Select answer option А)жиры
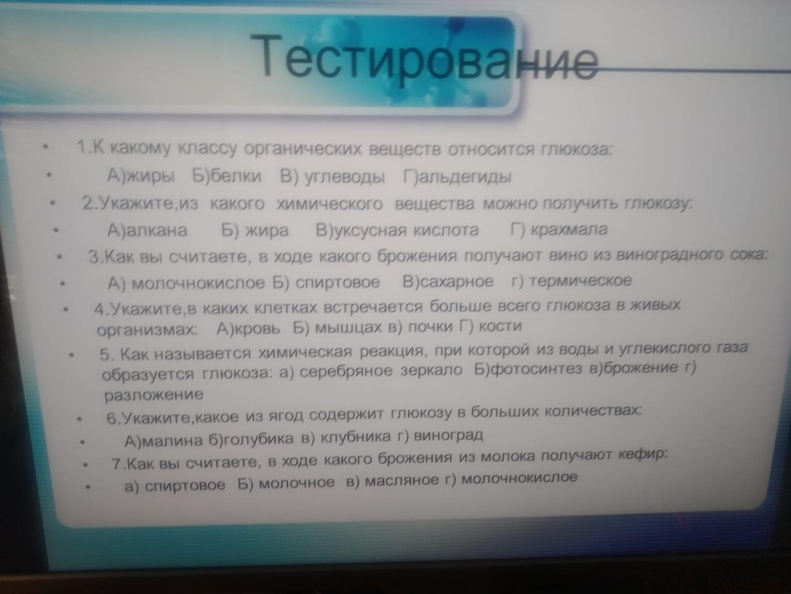[x=141, y=176]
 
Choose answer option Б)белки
[x=226, y=176]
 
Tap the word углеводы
[x=344, y=177]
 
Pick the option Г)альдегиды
[x=457, y=177]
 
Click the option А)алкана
[x=148, y=230]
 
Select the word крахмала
[x=569, y=230]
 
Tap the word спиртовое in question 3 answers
[x=337, y=282]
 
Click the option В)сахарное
[x=447, y=282]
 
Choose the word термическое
[x=580, y=280]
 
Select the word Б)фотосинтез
[x=528, y=369]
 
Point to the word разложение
[x=153, y=395]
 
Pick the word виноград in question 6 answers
[x=448, y=436]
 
